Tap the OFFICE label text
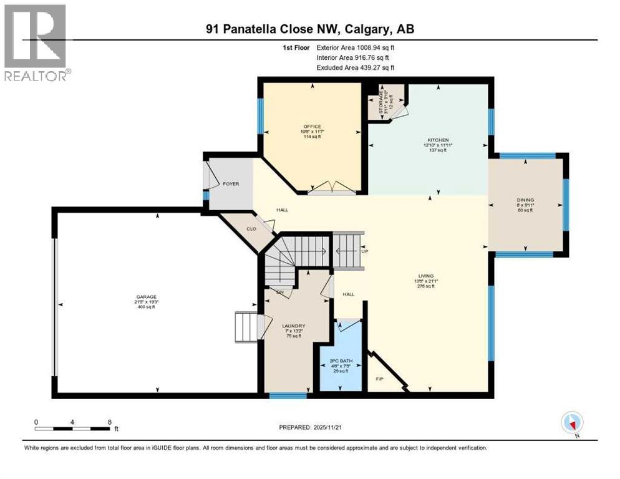coord(312,127)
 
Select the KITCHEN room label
coord(438,140)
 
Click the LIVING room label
coord(427,275)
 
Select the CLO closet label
coord(251,229)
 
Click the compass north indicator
coord(571,423)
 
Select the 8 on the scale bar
coord(110,422)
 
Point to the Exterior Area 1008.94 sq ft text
coord(356,47)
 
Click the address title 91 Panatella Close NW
coord(310,28)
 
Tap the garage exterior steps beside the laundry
coord(246,327)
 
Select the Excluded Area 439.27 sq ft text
coord(356,67)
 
